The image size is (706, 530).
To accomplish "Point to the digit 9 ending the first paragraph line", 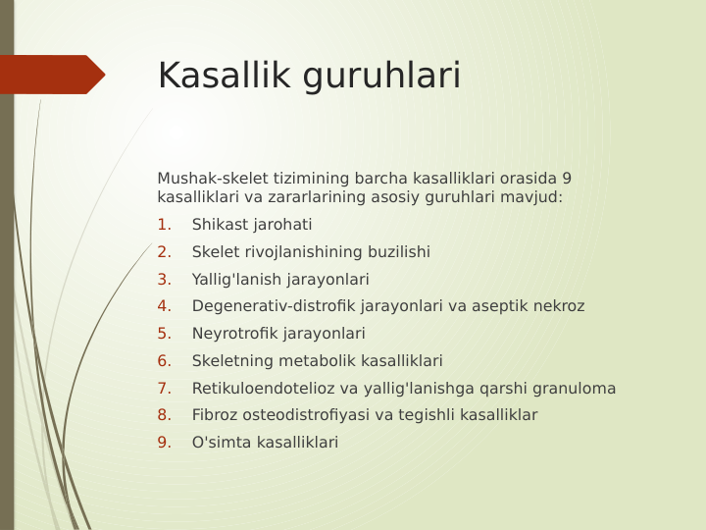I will (x=567, y=179).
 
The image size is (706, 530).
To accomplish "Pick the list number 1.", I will (x=164, y=225).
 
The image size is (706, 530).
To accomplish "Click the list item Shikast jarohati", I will (x=252, y=225).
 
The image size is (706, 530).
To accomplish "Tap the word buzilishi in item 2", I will (x=397, y=252).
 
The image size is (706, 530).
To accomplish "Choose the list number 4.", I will (x=164, y=306).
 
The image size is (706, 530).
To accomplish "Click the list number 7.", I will (x=164, y=389).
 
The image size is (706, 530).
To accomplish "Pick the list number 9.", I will (x=164, y=443).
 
